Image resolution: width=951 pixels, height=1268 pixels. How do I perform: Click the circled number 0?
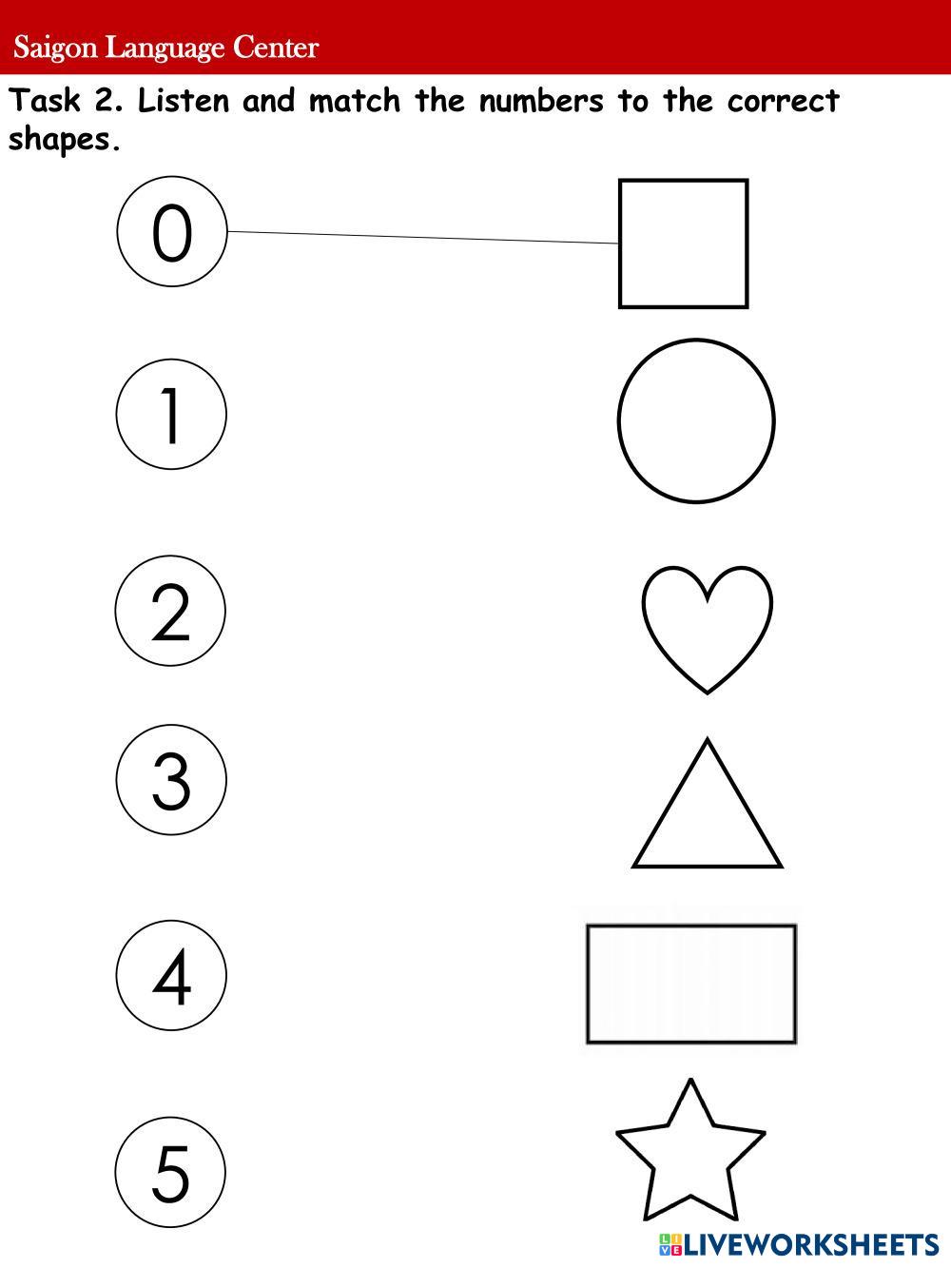(x=172, y=231)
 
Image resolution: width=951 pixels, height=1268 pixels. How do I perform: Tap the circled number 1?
(x=171, y=415)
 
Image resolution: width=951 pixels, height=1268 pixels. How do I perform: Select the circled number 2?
(x=171, y=611)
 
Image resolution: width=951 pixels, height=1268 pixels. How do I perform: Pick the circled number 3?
(x=171, y=780)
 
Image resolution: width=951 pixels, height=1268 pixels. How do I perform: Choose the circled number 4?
(x=171, y=975)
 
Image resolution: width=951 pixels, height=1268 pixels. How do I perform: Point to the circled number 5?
(x=171, y=1172)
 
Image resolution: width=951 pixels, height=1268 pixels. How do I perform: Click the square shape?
(x=683, y=244)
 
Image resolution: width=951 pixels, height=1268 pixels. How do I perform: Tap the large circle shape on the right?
(x=696, y=420)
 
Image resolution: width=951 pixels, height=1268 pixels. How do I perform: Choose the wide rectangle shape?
(x=691, y=984)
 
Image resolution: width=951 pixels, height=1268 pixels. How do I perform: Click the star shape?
(x=690, y=1153)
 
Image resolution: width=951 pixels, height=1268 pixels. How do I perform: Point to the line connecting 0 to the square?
(x=423, y=237)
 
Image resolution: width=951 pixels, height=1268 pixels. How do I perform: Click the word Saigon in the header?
(x=55, y=48)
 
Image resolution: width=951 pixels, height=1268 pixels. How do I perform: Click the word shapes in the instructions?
(x=64, y=140)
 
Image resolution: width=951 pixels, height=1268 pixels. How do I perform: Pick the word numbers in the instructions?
(x=541, y=101)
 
